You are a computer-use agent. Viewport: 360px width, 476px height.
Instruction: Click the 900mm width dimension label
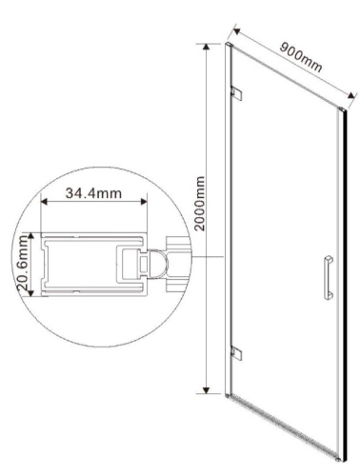click(x=300, y=54)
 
